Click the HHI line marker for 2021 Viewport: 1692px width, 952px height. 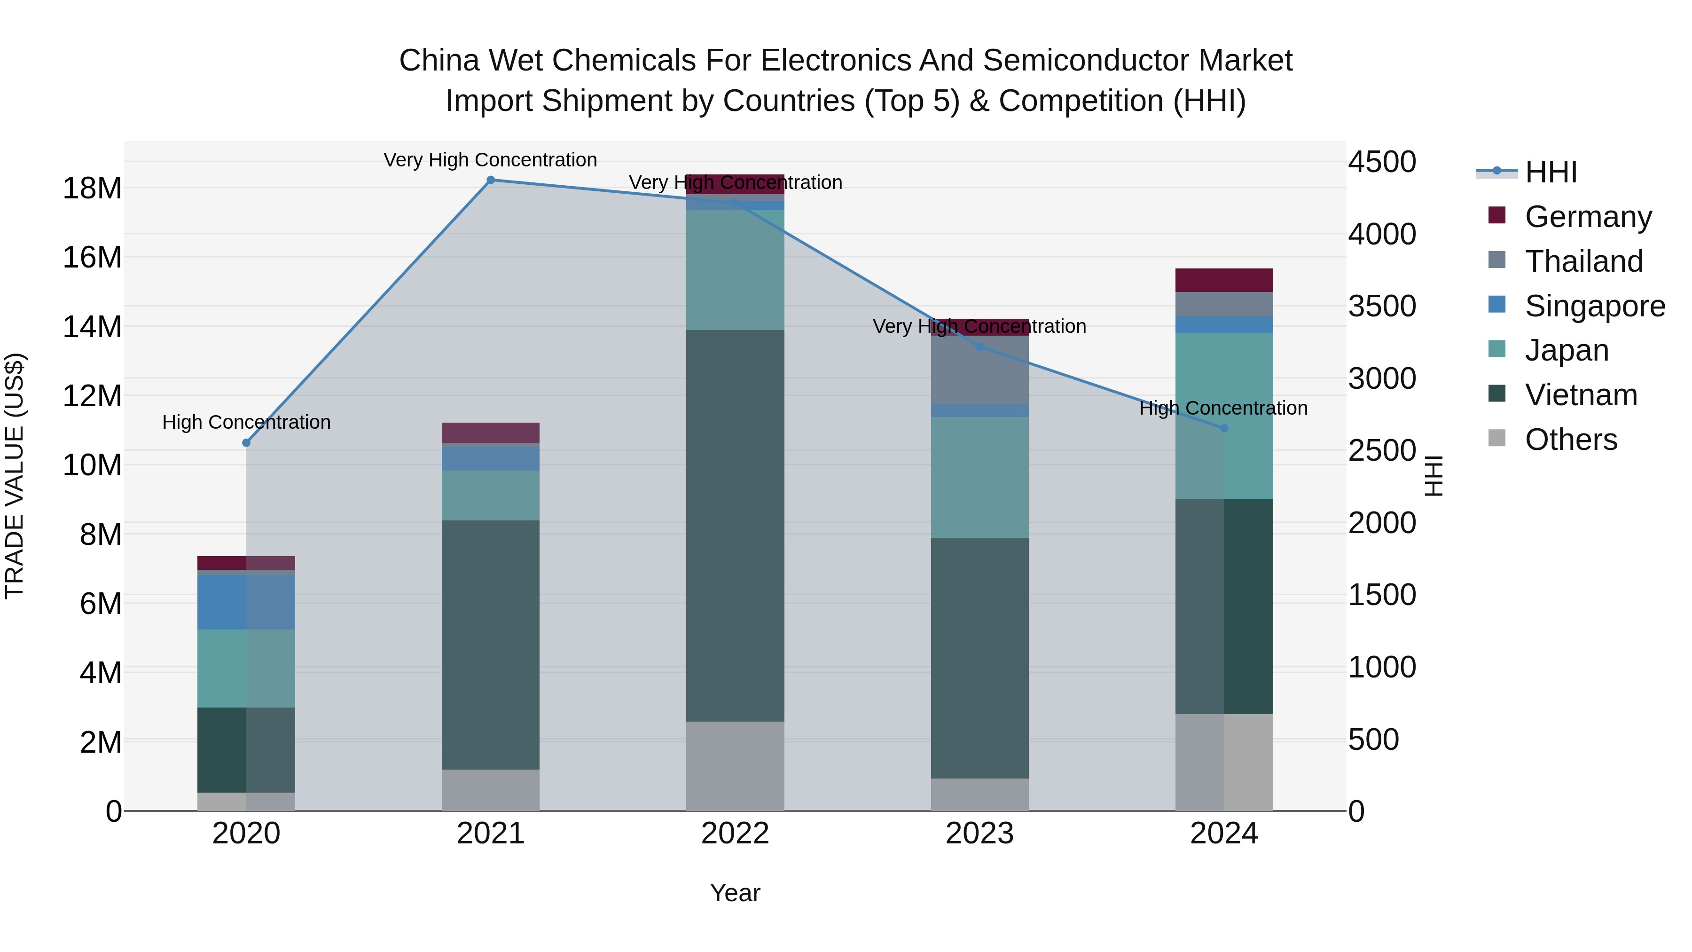491,180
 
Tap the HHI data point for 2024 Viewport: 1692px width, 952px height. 1224,428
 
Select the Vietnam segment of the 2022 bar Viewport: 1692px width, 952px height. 735,526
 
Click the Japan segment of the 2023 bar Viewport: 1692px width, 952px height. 979,477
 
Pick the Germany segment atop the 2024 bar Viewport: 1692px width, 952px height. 1224,280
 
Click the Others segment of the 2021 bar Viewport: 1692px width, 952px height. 491,790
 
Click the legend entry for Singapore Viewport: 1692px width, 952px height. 1594,306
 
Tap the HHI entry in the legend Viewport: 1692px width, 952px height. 1550,172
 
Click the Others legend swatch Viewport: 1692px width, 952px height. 1497,438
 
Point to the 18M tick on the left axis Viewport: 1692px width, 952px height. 92,189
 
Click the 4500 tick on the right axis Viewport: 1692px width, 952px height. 1382,162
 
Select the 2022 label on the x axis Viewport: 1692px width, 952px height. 735,834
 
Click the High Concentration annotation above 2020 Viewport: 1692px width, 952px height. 246,423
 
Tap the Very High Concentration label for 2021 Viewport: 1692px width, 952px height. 490,160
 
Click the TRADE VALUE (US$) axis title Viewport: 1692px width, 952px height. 15,476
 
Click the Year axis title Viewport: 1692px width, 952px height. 735,893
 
